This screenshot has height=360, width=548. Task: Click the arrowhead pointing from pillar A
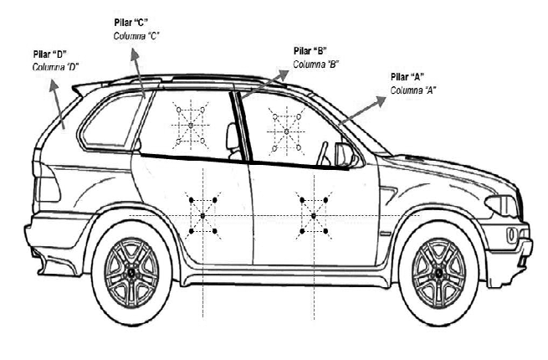point(382,99)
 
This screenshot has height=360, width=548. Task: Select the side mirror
point(344,156)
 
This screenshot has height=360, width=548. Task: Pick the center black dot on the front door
point(313,215)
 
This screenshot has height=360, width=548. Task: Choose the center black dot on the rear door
point(202,215)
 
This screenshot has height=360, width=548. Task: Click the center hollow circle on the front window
point(286,131)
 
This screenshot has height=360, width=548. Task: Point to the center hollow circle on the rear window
point(191,126)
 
